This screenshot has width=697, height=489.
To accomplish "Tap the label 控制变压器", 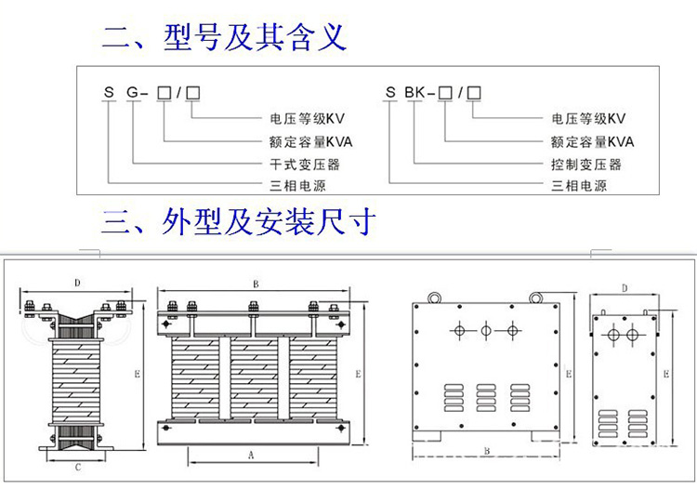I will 585,165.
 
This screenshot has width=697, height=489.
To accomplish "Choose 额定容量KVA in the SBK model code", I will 592,142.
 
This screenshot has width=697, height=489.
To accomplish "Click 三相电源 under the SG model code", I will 296,186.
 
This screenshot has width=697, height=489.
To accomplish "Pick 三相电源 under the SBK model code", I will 579,186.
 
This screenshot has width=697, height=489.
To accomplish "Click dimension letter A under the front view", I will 250,456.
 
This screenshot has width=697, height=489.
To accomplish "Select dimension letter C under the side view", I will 78,469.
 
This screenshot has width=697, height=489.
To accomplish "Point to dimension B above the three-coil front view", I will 255,284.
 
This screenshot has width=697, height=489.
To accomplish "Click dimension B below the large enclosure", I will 487,450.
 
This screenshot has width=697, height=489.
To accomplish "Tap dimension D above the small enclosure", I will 625,289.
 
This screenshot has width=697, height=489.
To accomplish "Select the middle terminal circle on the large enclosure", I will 484,330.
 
